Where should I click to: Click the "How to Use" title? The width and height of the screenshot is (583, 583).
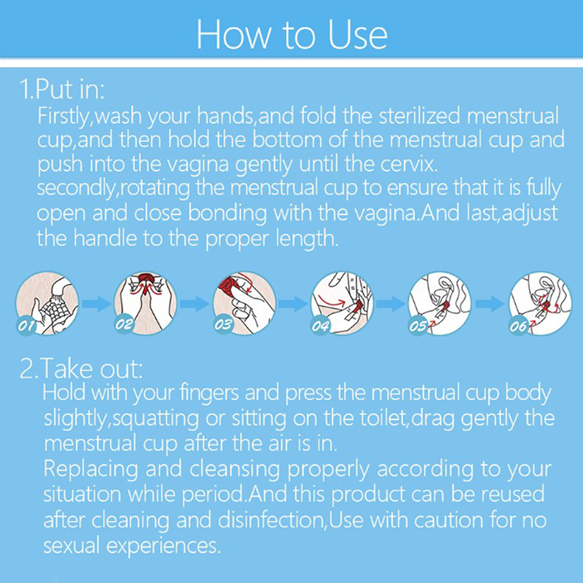[x=292, y=34]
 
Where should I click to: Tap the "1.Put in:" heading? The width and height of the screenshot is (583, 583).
[x=62, y=89]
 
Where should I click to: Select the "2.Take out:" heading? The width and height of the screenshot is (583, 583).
[x=81, y=368]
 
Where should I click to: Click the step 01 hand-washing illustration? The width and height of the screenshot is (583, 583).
[x=47, y=303]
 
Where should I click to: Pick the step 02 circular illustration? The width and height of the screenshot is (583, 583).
[x=145, y=303]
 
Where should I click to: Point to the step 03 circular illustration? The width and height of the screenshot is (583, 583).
[x=244, y=303]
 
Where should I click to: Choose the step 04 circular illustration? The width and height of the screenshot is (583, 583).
[x=342, y=303]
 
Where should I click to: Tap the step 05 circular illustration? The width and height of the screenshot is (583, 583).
[x=440, y=303]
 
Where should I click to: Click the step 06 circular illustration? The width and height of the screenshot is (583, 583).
[x=540, y=303]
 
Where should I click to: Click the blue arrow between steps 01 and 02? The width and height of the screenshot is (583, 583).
[x=96, y=304]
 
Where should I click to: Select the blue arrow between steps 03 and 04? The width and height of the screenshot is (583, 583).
[x=293, y=304]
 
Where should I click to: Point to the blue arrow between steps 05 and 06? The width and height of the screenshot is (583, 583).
[x=490, y=304]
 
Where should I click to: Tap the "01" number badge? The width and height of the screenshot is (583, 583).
[x=26, y=326]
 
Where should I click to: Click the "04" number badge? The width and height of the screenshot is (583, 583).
[x=321, y=326]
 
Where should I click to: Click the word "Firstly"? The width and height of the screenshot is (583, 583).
[x=63, y=117]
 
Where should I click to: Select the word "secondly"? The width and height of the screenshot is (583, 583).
[x=77, y=189]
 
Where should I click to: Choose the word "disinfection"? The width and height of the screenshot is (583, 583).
[x=270, y=520]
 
